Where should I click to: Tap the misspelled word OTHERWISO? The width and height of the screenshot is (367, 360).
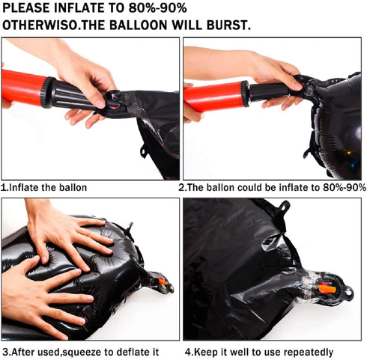(40, 25)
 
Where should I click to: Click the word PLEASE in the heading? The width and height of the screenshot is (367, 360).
(26, 8)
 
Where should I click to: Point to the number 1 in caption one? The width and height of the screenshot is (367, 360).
(3, 187)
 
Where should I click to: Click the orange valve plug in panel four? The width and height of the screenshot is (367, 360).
(327, 289)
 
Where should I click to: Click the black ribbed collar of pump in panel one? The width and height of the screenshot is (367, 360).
(48, 92)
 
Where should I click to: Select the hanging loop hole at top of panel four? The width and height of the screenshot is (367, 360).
(284, 207)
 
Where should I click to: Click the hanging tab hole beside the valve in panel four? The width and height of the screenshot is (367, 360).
(349, 292)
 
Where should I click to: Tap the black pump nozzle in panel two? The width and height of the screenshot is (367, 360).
(270, 91)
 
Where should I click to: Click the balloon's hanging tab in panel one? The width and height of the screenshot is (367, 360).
(143, 152)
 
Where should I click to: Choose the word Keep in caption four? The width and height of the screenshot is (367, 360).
(204, 353)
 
